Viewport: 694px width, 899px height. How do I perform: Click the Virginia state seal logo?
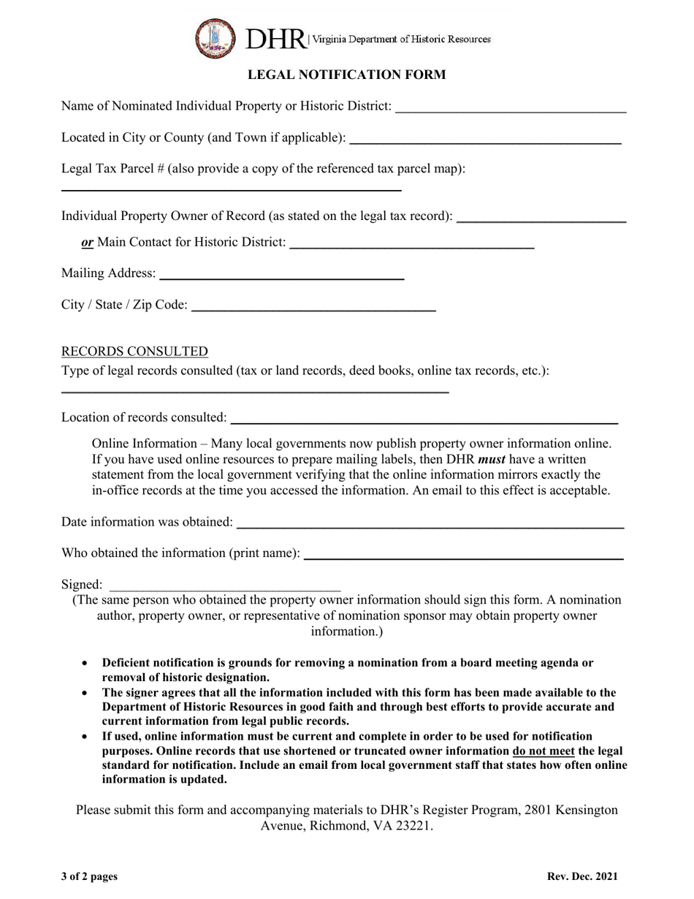click(x=215, y=39)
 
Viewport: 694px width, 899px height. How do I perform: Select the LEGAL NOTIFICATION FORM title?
click(x=346, y=75)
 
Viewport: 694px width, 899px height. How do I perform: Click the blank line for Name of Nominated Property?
click(x=510, y=108)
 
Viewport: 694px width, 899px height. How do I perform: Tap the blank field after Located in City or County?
click(x=486, y=139)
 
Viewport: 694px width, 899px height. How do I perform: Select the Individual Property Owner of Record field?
click(x=541, y=218)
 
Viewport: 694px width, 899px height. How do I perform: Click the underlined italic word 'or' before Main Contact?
click(x=88, y=242)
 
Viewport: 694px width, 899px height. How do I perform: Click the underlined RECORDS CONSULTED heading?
click(x=134, y=351)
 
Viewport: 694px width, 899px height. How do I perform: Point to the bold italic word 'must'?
click(x=492, y=459)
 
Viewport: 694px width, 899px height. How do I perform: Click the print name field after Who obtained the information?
click(x=463, y=555)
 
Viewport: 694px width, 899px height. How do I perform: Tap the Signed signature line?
click(x=225, y=586)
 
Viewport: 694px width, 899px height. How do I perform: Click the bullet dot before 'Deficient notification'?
click(x=86, y=663)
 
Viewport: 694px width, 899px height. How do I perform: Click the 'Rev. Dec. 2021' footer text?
click(x=581, y=876)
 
